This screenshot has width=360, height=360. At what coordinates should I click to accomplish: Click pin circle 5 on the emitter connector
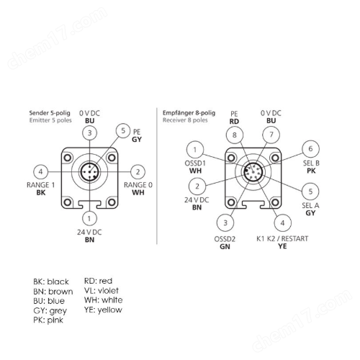[x=123, y=131]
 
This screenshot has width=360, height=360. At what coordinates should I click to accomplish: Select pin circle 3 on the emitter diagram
[x=89, y=132]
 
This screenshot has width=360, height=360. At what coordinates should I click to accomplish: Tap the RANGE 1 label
[x=40, y=185]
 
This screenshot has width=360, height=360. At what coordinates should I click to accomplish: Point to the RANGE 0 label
[x=138, y=185]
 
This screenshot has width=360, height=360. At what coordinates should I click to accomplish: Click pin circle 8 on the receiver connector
[x=235, y=135]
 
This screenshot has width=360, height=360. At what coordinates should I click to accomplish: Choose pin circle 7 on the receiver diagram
[x=271, y=135]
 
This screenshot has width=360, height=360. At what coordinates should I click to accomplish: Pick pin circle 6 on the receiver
[x=310, y=149]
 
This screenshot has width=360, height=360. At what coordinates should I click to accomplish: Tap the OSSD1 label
[x=195, y=163]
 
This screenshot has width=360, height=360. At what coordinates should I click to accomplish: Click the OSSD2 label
[x=225, y=239]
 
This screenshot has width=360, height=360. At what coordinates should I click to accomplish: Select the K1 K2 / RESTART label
[x=282, y=239]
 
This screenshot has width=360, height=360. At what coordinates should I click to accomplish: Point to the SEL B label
[x=311, y=163]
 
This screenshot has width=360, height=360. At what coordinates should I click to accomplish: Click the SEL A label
[x=310, y=205]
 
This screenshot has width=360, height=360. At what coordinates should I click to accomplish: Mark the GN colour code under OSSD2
[x=225, y=246]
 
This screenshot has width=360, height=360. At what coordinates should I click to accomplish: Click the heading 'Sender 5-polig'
[x=50, y=113]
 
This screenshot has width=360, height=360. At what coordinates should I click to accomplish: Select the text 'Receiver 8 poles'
[x=185, y=120]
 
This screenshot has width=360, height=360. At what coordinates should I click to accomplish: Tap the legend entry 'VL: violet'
[x=102, y=291]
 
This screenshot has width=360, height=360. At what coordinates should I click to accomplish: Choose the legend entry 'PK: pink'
[x=48, y=320]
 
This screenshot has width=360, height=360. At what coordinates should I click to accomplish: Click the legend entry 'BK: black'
[x=51, y=282]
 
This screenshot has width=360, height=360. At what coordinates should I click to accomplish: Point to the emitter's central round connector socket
[x=89, y=172]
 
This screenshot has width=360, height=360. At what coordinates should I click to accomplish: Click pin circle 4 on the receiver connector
[x=282, y=223]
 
